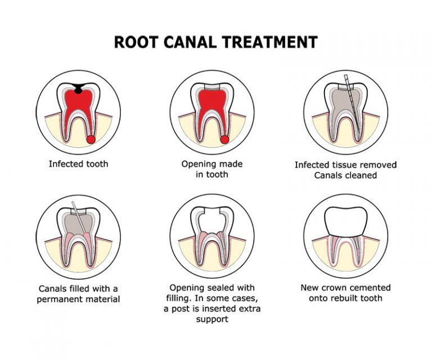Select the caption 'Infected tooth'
[x=78, y=165]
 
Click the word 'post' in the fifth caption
[x=212, y=309]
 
